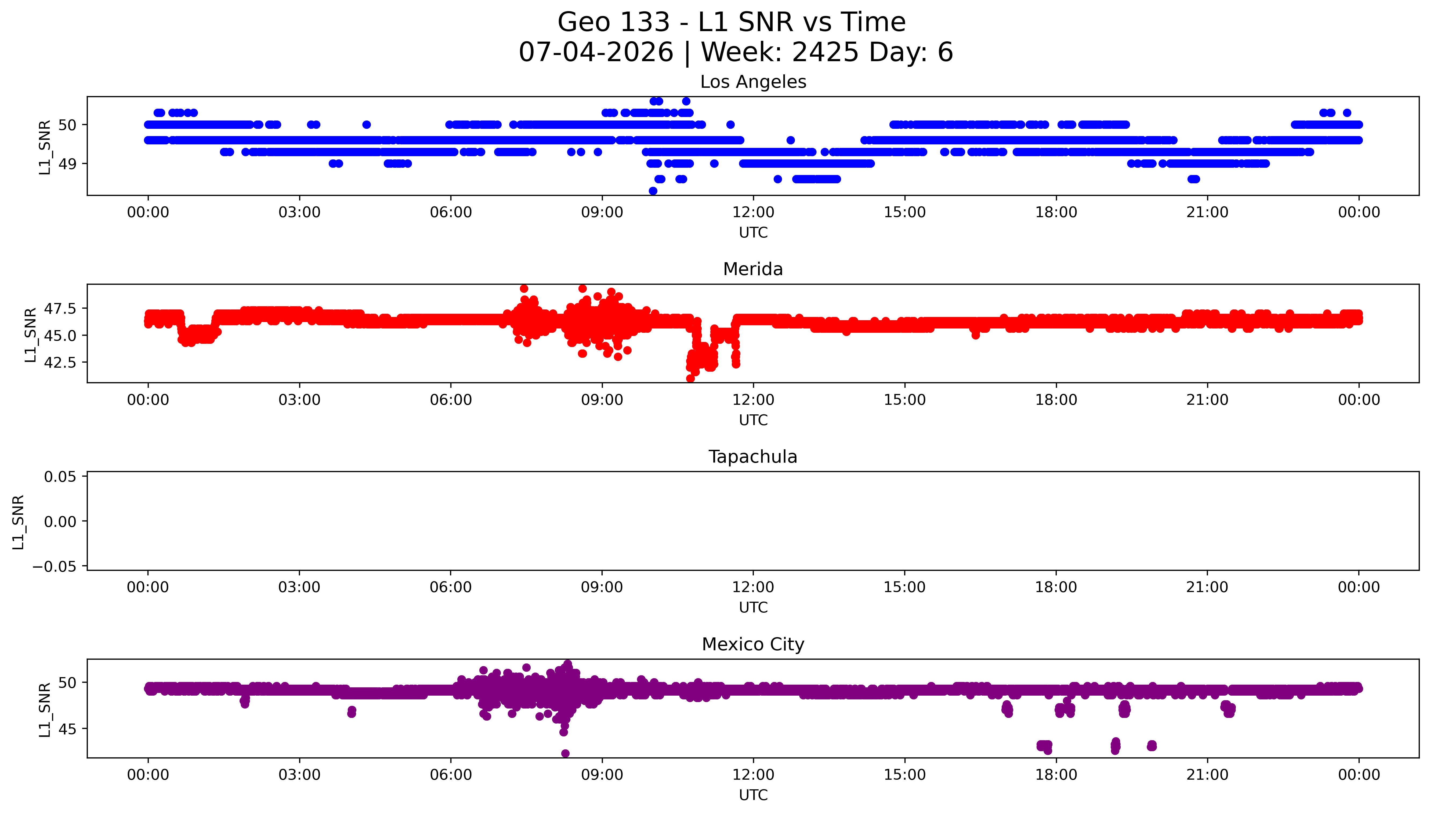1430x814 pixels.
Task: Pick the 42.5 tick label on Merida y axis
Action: [x=60, y=362]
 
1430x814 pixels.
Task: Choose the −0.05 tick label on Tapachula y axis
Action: [x=54, y=566]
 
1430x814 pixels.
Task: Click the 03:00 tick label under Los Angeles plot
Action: [x=299, y=213]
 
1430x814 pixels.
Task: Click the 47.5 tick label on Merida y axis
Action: [x=60, y=309]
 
